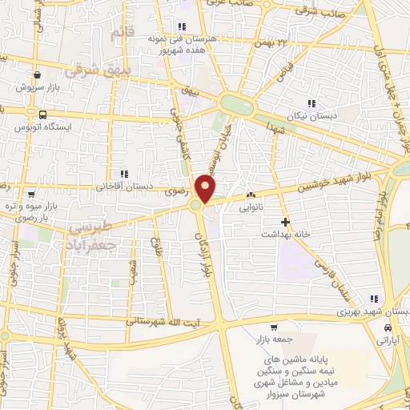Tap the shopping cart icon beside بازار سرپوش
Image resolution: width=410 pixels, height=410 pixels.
pos(38,74)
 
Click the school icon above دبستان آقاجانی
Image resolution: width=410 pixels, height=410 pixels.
pos(123,174)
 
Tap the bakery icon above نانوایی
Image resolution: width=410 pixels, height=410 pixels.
pos(251,195)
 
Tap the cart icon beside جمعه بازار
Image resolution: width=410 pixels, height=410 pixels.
pos(275,327)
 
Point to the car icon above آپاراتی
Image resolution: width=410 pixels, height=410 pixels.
pos(388,328)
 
